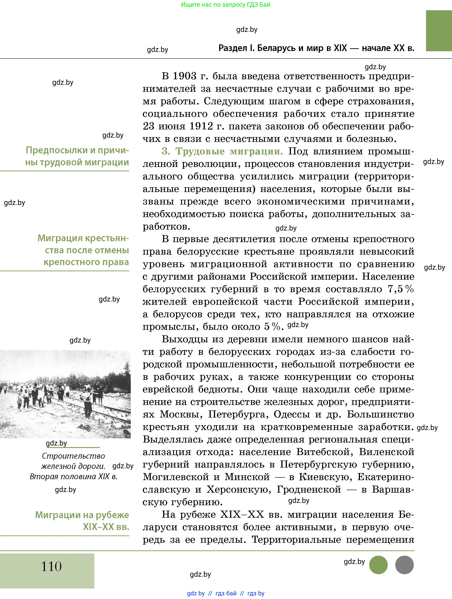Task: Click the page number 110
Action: coord(51,566)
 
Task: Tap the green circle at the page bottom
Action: coord(378,565)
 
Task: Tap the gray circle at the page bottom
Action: coord(404,565)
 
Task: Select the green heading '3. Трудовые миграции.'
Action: coord(222,151)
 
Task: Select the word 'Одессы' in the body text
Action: coord(292,414)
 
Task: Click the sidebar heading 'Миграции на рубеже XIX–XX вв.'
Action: coord(82,521)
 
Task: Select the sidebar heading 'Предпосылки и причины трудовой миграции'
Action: coord(77,156)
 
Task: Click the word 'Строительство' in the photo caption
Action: coord(73,456)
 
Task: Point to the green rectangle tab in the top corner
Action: coord(439,31)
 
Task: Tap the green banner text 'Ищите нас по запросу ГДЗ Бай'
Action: coord(226,5)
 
